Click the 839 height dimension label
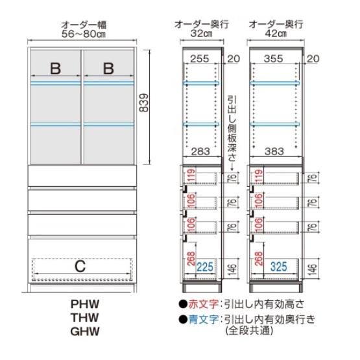pos(144,102)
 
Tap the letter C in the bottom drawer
pos(80,267)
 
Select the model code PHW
pos(85,304)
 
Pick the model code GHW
pos(85,331)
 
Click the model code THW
pos(85,318)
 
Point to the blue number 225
pos(205,267)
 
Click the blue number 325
pos(279,267)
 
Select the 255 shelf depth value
pos(200,59)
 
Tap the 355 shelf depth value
pos(273,59)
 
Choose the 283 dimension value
pos(200,152)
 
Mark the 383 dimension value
pos(274,152)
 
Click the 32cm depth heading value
pos(201,34)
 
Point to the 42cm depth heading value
pos(276,34)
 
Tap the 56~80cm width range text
pos(84,34)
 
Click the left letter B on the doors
pos(56,68)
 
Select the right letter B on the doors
pos(108,68)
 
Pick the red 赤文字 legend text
pos(203,304)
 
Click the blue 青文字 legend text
pos(203,319)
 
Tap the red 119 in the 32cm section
pos(191,176)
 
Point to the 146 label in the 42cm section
pos(313,269)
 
